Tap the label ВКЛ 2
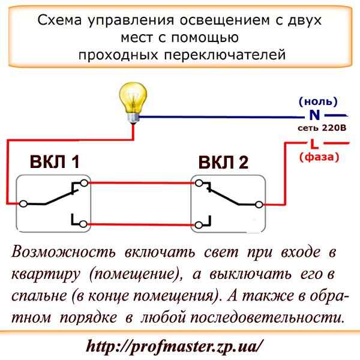click(x=224, y=163)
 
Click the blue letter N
click(x=314, y=115)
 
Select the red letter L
click(x=314, y=143)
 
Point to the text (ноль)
click(x=317, y=101)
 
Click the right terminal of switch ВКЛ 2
click(x=259, y=204)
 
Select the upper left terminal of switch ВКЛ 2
click(x=196, y=183)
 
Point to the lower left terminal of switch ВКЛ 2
click(x=196, y=224)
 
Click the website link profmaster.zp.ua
click(x=175, y=346)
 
